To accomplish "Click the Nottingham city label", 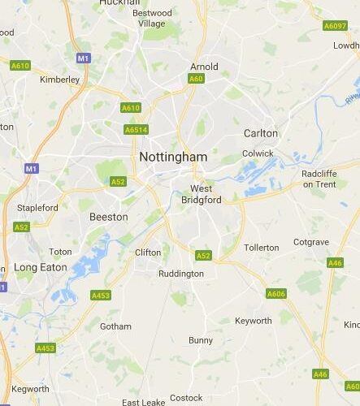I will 173,156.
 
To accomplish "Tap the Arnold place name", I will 203,67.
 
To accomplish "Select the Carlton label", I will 260,133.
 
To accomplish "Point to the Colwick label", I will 258,153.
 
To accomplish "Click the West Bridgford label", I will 195,193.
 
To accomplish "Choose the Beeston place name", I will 108,217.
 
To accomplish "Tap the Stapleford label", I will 37,208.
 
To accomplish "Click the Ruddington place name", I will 181,274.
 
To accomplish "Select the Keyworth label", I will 253,321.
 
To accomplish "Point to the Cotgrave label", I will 310,242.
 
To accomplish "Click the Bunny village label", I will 201,340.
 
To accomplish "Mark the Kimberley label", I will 60,80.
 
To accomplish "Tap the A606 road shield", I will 276,293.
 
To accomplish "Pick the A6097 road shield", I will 334,26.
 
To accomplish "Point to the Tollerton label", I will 261,247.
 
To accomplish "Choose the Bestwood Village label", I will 152,18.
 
